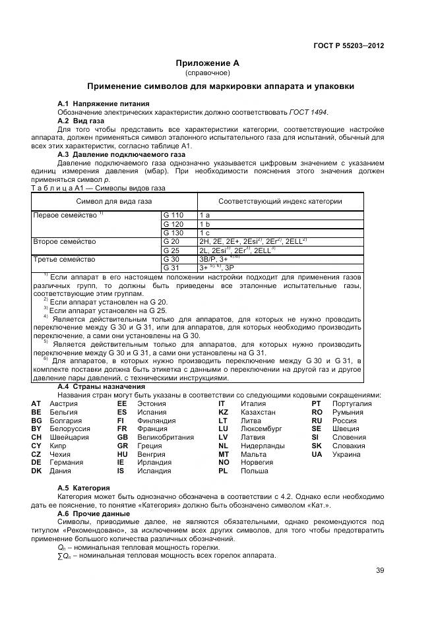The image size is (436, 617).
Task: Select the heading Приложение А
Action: tap(207, 63)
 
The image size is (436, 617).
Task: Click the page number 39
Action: tap(379, 570)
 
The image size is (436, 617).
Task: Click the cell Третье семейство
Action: tap(59, 259)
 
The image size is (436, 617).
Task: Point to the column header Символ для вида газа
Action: tap(113, 201)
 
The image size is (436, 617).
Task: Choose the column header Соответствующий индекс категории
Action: tap(280, 201)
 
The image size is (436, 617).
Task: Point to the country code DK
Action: tap(36, 471)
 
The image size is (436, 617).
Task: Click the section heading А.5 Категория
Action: tap(84, 487)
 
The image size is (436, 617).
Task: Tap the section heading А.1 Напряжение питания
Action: tap(103, 103)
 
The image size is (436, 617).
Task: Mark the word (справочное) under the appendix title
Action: tap(207, 73)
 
